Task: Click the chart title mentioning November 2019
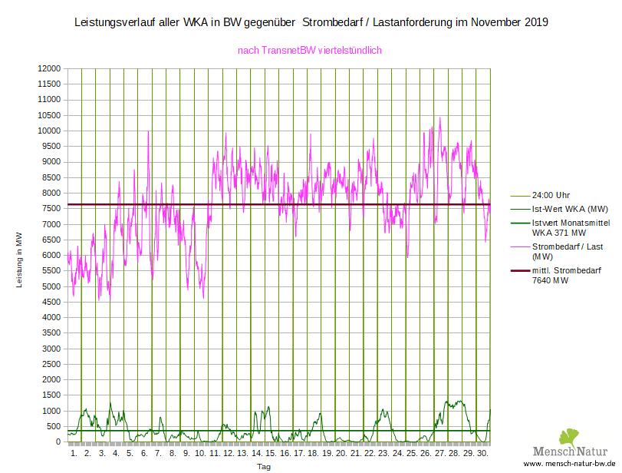pyautogui.click(x=311, y=22)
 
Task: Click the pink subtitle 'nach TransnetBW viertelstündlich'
pyautogui.click(x=311, y=51)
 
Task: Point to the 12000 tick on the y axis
pyautogui.click(x=48, y=68)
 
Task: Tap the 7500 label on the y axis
pyautogui.click(x=51, y=209)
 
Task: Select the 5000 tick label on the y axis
pyautogui.click(x=51, y=286)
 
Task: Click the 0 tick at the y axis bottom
pyautogui.click(x=57, y=442)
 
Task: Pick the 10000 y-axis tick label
pyautogui.click(x=48, y=131)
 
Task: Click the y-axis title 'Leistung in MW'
pyautogui.click(x=21, y=262)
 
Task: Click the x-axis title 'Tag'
pyautogui.click(x=264, y=467)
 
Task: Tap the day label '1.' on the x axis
pyautogui.click(x=74, y=454)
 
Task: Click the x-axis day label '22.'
pyautogui.click(x=369, y=454)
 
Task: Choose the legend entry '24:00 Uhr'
pyautogui.click(x=551, y=195)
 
